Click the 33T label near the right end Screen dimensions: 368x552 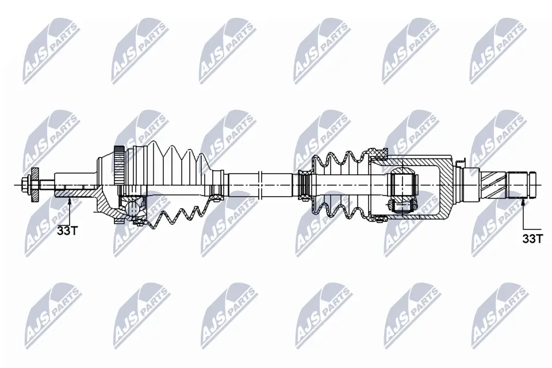[x=532, y=239]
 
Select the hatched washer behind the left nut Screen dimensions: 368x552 [x=35, y=184]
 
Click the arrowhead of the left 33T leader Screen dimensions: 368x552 [x=69, y=200]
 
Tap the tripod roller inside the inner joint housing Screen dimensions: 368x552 [x=403, y=185]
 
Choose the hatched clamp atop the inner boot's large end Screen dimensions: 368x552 [x=378, y=152]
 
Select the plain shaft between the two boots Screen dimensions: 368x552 [x=259, y=184]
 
